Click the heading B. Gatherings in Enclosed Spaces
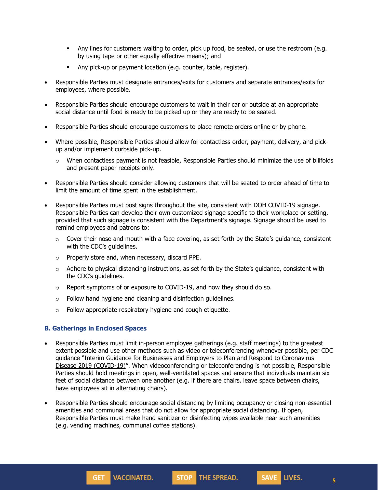(96, 328)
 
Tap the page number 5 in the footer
(334, 481)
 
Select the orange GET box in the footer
(98, 477)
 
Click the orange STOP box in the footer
(184, 477)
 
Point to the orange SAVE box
(269, 477)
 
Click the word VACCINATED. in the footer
(133, 477)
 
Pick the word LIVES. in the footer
(293, 477)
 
